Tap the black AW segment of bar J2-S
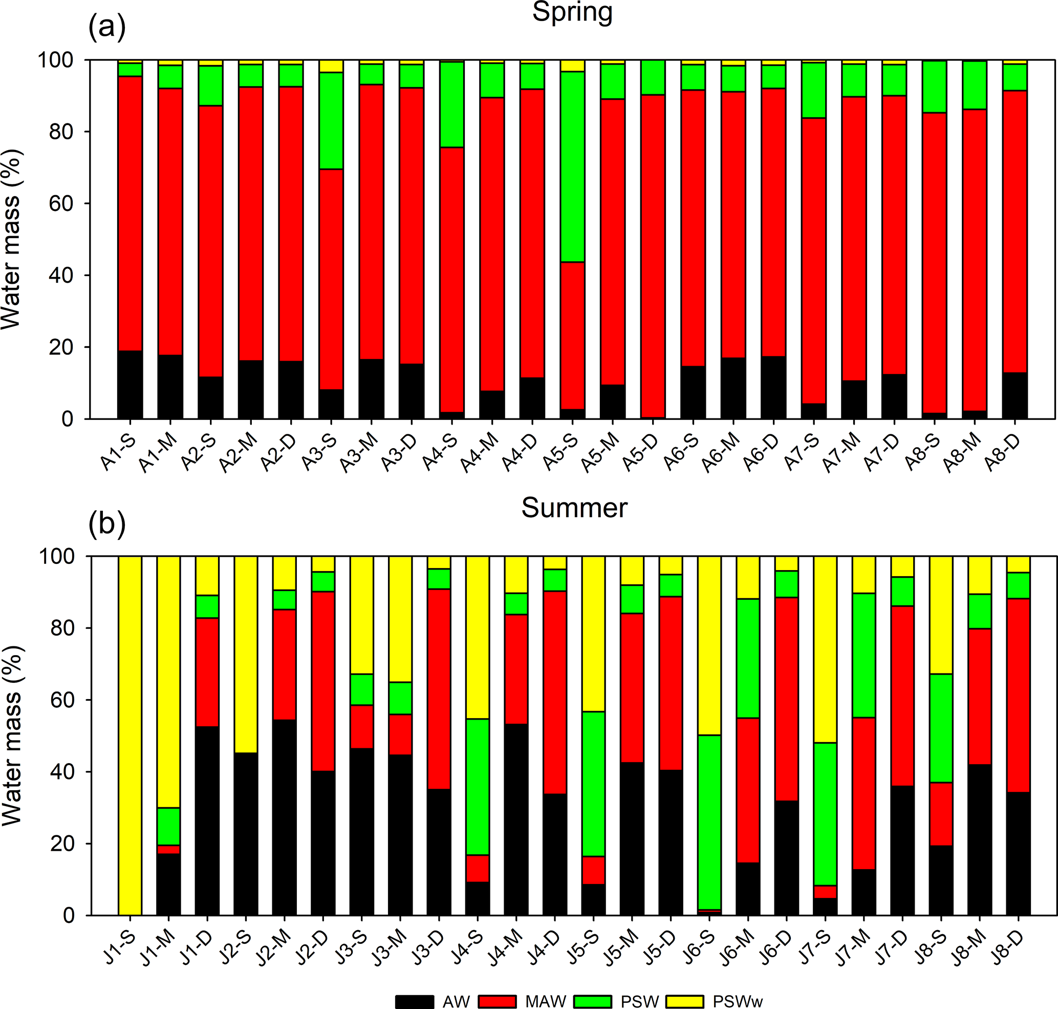pos(246,834)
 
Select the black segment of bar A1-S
pos(129,385)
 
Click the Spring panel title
pos(572,12)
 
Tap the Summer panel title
pos(574,508)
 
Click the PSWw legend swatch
pos(684,1001)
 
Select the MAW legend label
pos(546,1001)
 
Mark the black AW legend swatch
pos(415,1001)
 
